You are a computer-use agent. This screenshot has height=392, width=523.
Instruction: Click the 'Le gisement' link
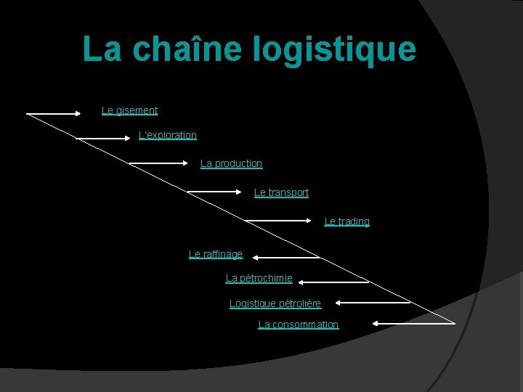click(129, 110)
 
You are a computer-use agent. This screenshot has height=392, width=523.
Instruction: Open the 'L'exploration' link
click(168, 135)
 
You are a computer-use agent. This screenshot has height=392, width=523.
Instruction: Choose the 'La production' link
click(231, 163)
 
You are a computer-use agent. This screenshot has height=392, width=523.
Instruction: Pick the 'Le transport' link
click(281, 192)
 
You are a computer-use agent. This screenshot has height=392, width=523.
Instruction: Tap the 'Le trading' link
click(346, 221)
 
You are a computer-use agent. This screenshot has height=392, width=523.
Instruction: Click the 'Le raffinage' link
click(216, 254)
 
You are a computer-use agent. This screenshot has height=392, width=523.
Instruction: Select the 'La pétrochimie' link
click(259, 278)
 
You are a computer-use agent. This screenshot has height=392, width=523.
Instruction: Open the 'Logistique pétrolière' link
click(275, 303)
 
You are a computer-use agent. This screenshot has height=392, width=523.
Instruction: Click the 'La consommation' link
click(299, 324)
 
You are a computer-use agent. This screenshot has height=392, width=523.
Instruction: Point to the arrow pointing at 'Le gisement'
click(54, 113)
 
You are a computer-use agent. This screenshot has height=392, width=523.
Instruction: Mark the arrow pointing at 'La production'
click(158, 164)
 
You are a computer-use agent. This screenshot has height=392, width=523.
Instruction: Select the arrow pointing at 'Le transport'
click(215, 192)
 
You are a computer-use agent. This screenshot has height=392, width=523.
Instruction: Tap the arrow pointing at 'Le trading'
click(273, 220)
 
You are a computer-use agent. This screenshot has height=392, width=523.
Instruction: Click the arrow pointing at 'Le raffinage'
click(286, 256)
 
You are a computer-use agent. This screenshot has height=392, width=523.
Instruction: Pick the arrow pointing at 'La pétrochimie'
click(334, 281)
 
